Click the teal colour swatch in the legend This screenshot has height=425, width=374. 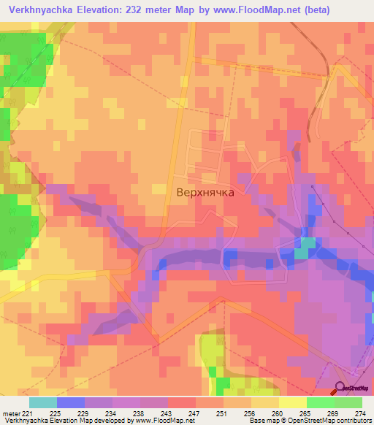coord(43,402)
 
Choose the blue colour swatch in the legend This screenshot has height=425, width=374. coord(71,402)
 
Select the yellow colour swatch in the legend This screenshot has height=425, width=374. coord(292,402)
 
